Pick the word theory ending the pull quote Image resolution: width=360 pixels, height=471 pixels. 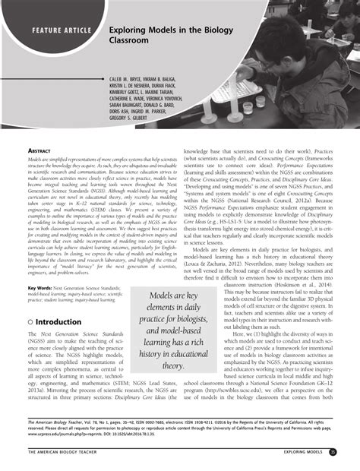click(x=172, y=366)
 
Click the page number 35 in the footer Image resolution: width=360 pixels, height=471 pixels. click(x=333, y=453)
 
